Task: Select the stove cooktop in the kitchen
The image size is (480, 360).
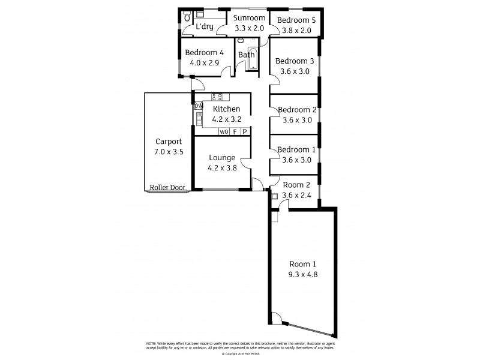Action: (x=217, y=96)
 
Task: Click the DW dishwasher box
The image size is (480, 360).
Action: (x=199, y=106)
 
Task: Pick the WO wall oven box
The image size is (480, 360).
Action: (x=223, y=131)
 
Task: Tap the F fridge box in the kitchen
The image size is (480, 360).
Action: (x=235, y=131)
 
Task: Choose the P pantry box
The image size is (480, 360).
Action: (x=244, y=131)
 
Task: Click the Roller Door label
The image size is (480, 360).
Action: (x=167, y=187)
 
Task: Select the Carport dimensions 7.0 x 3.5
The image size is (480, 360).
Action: (x=167, y=152)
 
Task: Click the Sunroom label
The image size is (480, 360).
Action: (x=248, y=19)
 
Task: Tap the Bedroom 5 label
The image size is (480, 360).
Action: (x=296, y=20)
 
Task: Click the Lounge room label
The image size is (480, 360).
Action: (x=221, y=158)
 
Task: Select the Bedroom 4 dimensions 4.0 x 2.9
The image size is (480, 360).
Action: (x=204, y=62)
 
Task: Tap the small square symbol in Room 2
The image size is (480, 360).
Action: (x=275, y=196)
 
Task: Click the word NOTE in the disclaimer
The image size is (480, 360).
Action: (x=151, y=343)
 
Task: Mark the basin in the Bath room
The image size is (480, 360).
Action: (x=241, y=41)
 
